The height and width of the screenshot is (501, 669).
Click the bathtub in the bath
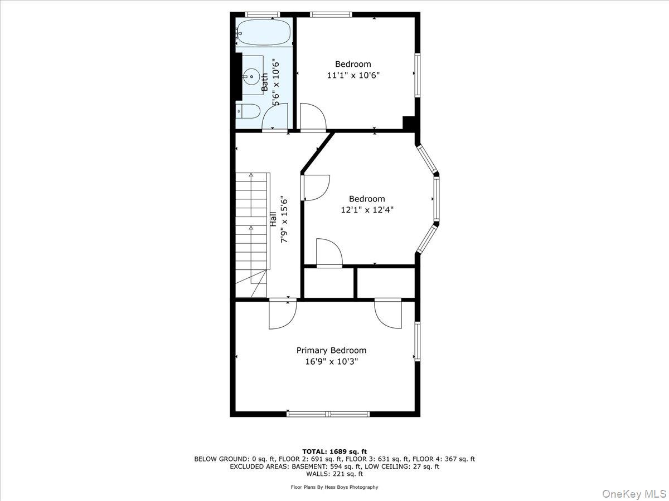[263, 33]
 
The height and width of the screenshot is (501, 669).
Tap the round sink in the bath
[251, 76]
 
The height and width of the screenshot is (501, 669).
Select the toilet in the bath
[248, 111]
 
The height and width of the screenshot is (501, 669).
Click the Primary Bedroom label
[331, 350]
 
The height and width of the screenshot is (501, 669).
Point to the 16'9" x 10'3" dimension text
[331, 362]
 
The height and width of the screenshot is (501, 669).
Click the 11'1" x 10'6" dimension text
[353, 75]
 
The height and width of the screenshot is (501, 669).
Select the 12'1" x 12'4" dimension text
[367, 210]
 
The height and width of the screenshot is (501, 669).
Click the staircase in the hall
[251, 234]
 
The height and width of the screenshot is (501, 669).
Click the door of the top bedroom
[313, 117]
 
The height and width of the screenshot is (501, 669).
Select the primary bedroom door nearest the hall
[282, 315]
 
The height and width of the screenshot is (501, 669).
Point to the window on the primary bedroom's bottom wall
[328, 414]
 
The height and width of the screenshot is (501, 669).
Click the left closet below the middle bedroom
[329, 283]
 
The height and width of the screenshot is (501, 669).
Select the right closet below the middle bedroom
[386, 283]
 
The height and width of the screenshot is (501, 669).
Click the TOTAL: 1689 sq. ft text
[334, 451]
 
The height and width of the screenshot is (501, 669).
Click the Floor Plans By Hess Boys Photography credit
[334, 487]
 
